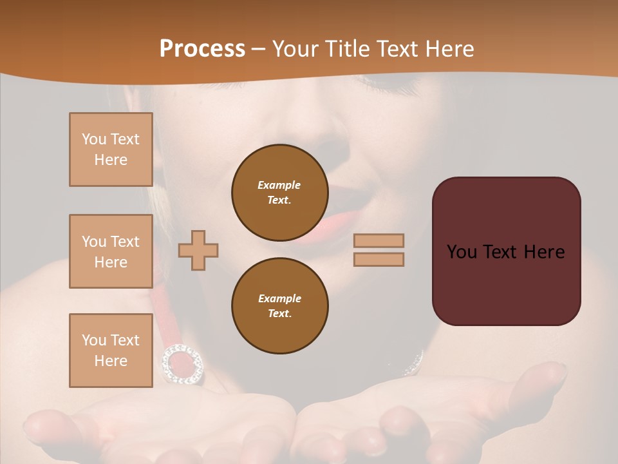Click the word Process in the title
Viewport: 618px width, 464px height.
pyautogui.click(x=202, y=48)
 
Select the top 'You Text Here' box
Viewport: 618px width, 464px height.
pyautogui.click(x=111, y=150)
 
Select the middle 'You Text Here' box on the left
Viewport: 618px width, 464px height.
pyautogui.click(x=111, y=251)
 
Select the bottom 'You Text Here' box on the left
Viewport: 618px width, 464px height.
pyautogui.click(x=111, y=351)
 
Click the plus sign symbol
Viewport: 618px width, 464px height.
pyautogui.click(x=198, y=250)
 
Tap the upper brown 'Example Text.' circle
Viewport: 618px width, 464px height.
pyautogui.click(x=279, y=193)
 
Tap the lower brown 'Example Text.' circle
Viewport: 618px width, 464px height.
pyautogui.click(x=279, y=306)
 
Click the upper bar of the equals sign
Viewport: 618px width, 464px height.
pyautogui.click(x=379, y=240)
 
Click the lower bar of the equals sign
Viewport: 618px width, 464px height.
pyautogui.click(x=379, y=259)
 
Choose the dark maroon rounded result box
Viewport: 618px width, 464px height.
pyautogui.click(x=506, y=251)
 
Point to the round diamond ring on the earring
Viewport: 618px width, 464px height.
pyautogui.click(x=182, y=364)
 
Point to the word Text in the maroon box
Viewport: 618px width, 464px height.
pyautogui.click(x=506, y=252)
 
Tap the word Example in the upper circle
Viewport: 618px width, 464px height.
pyautogui.click(x=279, y=185)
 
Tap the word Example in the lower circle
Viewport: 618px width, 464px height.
pyautogui.click(x=279, y=298)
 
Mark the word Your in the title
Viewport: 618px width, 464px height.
pyautogui.click(x=295, y=48)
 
